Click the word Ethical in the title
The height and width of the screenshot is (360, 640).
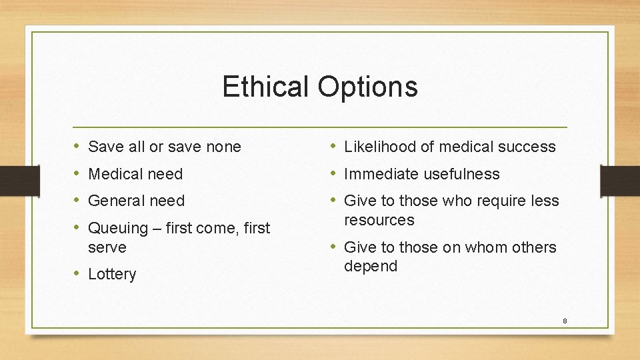pyautogui.click(x=265, y=87)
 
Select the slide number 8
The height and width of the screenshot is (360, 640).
pyautogui.click(x=565, y=321)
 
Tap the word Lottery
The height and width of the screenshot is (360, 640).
pyautogui.click(x=112, y=275)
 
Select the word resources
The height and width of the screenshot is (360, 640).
pyautogui.click(x=379, y=220)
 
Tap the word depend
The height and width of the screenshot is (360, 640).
pyautogui.click(x=370, y=266)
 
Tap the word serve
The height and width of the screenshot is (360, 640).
pyautogui.click(x=107, y=247)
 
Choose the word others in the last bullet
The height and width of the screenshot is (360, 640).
pyautogui.click(x=533, y=247)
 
